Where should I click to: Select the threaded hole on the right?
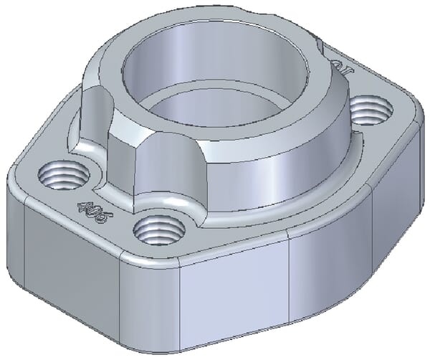click(372, 110)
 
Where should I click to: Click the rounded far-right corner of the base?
click(411, 122)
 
